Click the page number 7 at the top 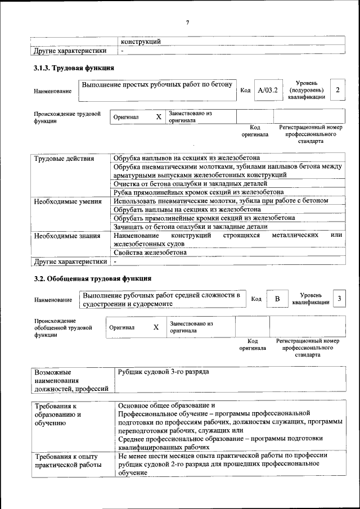tap(187, 22)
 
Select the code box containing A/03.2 tap(267, 90)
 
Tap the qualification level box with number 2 tap(337, 90)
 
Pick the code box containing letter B tap(277, 299)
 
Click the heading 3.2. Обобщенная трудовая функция tap(92, 278)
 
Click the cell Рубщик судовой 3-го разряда tap(164, 372)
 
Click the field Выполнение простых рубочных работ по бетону tap(157, 85)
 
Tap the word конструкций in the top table tap(141, 42)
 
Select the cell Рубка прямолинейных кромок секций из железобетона tap(190, 192)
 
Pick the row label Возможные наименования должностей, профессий tap(71, 380)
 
